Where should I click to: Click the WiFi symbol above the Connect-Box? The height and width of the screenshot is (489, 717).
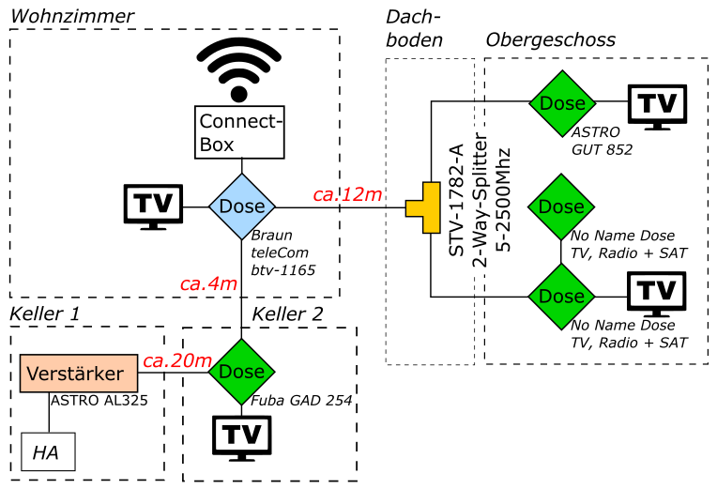238,69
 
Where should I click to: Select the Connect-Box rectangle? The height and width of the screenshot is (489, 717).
240,131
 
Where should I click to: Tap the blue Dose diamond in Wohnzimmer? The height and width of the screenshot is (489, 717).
241,206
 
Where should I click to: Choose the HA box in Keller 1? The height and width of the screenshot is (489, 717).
48,452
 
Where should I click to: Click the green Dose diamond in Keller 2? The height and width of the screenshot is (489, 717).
241,372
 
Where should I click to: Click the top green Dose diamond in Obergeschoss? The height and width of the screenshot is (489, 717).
561,103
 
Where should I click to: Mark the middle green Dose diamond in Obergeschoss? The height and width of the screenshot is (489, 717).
561,206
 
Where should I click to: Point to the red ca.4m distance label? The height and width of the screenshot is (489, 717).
208,283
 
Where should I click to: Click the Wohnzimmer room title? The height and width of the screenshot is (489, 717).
71,16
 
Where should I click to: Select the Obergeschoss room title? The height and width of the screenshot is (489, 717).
551,39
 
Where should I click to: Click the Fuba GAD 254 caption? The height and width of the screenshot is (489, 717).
302,401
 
